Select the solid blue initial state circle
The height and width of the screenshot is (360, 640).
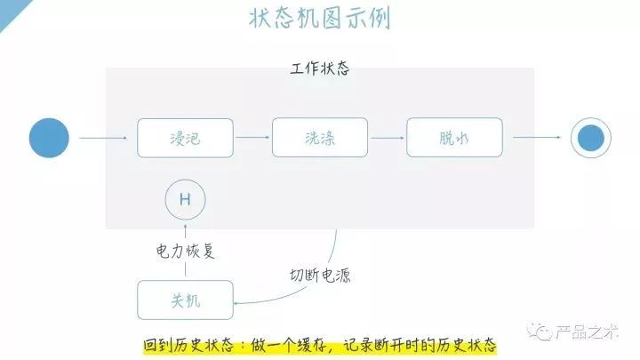coord(49,138)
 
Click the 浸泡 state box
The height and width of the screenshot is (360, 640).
coord(185,138)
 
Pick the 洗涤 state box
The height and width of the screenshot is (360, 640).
coord(319,138)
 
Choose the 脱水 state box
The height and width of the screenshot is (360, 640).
coord(454,138)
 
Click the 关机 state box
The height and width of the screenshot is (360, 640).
coord(185,300)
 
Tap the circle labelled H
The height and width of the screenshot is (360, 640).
coord(185,199)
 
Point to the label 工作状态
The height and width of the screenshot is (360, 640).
coord(319,68)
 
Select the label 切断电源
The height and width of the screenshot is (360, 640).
coord(320,275)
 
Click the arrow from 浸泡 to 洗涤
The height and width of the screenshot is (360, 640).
coord(252,138)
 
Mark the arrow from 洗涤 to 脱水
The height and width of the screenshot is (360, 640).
coord(388,138)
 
